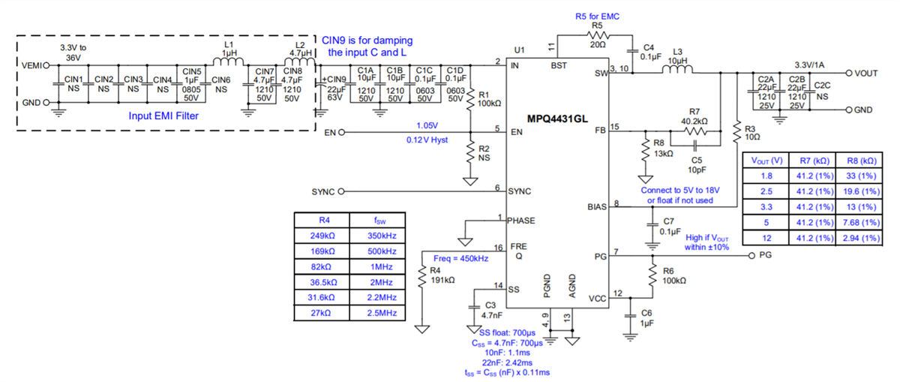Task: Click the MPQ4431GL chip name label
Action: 556,119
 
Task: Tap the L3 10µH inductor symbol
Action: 676,71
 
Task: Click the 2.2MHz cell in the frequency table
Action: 383,297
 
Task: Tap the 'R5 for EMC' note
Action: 597,15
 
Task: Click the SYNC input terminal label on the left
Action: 322,191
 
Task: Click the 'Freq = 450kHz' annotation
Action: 461,258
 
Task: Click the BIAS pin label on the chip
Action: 595,206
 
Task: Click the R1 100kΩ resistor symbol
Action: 470,98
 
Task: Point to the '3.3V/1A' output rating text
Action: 814,65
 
